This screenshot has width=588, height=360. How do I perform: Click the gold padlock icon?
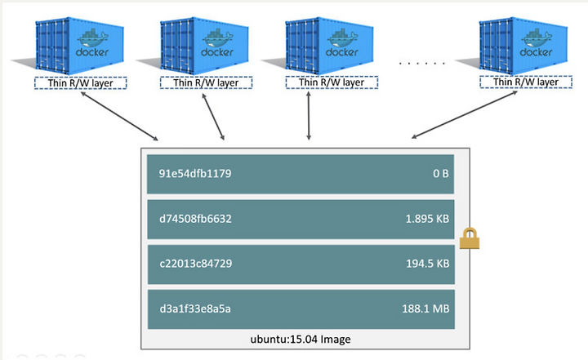point(470,238)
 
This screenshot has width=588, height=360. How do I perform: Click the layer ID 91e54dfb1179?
point(195,174)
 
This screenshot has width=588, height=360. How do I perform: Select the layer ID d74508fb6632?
point(195,219)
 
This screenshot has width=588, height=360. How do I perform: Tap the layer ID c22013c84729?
point(196,264)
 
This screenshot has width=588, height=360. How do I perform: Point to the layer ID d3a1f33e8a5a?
point(195,309)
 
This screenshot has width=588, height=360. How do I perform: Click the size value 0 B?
point(441,174)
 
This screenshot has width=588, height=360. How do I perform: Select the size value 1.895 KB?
point(427,219)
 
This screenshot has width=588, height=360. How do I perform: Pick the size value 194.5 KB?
point(427,264)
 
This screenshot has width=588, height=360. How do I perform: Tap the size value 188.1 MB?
point(425,309)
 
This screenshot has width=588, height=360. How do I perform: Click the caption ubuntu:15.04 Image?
point(301,340)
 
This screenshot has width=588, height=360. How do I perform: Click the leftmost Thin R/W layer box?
point(81,83)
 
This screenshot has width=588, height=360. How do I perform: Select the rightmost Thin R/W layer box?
point(526,82)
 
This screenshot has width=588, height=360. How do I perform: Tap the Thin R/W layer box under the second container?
point(206,82)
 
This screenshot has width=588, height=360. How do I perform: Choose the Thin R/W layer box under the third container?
point(332,82)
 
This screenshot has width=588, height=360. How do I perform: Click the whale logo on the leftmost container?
point(93,38)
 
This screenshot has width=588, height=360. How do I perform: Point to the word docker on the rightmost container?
point(536,52)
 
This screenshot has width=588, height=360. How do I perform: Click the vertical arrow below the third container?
point(309,116)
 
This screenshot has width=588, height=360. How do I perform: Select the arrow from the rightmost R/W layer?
point(464,115)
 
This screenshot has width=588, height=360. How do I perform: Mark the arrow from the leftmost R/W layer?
point(119,116)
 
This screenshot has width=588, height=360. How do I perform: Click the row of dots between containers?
point(422,64)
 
